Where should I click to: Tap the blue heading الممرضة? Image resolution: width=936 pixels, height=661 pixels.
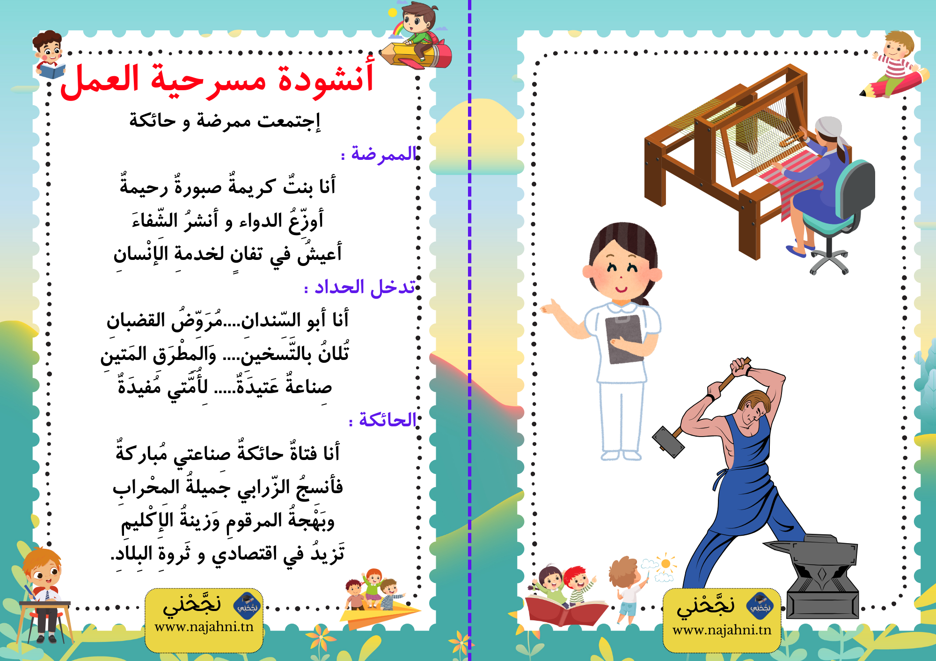pyautogui.click(x=383, y=153)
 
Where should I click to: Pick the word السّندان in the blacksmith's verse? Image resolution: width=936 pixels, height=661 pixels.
pyautogui.click(x=271, y=320)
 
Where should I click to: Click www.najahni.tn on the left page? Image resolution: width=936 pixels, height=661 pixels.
pyautogui.click(x=204, y=627)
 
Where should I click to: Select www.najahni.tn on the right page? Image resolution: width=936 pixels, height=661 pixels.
pyautogui.click(x=722, y=630)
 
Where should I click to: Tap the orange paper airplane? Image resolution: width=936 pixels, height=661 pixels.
pyautogui.click(x=379, y=612)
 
